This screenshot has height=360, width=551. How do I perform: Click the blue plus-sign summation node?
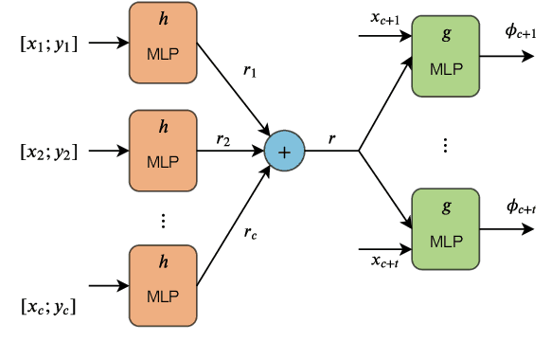tap(285, 151)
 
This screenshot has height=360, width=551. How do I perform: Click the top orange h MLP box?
tap(163, 43)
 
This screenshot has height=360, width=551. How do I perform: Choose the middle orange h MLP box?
tap(163, 151)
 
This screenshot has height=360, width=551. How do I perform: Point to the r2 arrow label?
tap(223, 140)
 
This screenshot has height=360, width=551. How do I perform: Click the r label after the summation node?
tap(331, 138)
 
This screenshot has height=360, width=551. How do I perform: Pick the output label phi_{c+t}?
tap(521, 207)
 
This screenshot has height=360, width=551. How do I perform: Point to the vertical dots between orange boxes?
tap(163, 220)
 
